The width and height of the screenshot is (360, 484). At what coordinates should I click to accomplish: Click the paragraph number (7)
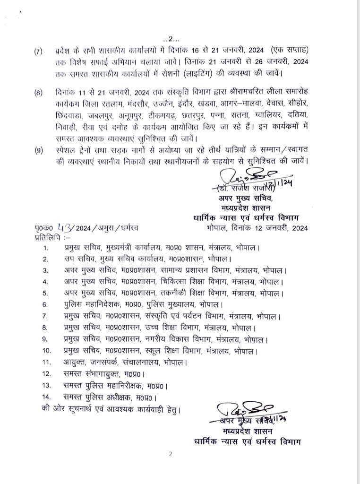38,51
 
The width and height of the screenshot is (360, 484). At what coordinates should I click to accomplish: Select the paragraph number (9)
38,150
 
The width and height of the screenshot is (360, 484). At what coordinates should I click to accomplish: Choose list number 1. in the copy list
45,248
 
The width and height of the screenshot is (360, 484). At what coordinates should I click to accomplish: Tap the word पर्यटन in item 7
193,316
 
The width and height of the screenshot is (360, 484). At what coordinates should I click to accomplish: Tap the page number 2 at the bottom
171,454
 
